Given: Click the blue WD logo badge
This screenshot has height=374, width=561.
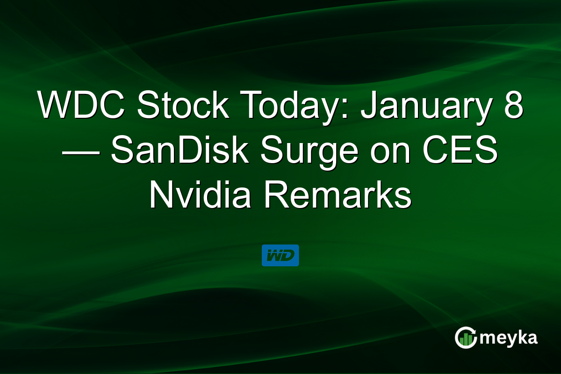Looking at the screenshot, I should [280, 255].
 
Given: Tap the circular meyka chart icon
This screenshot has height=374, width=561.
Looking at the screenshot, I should [466, 337].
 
